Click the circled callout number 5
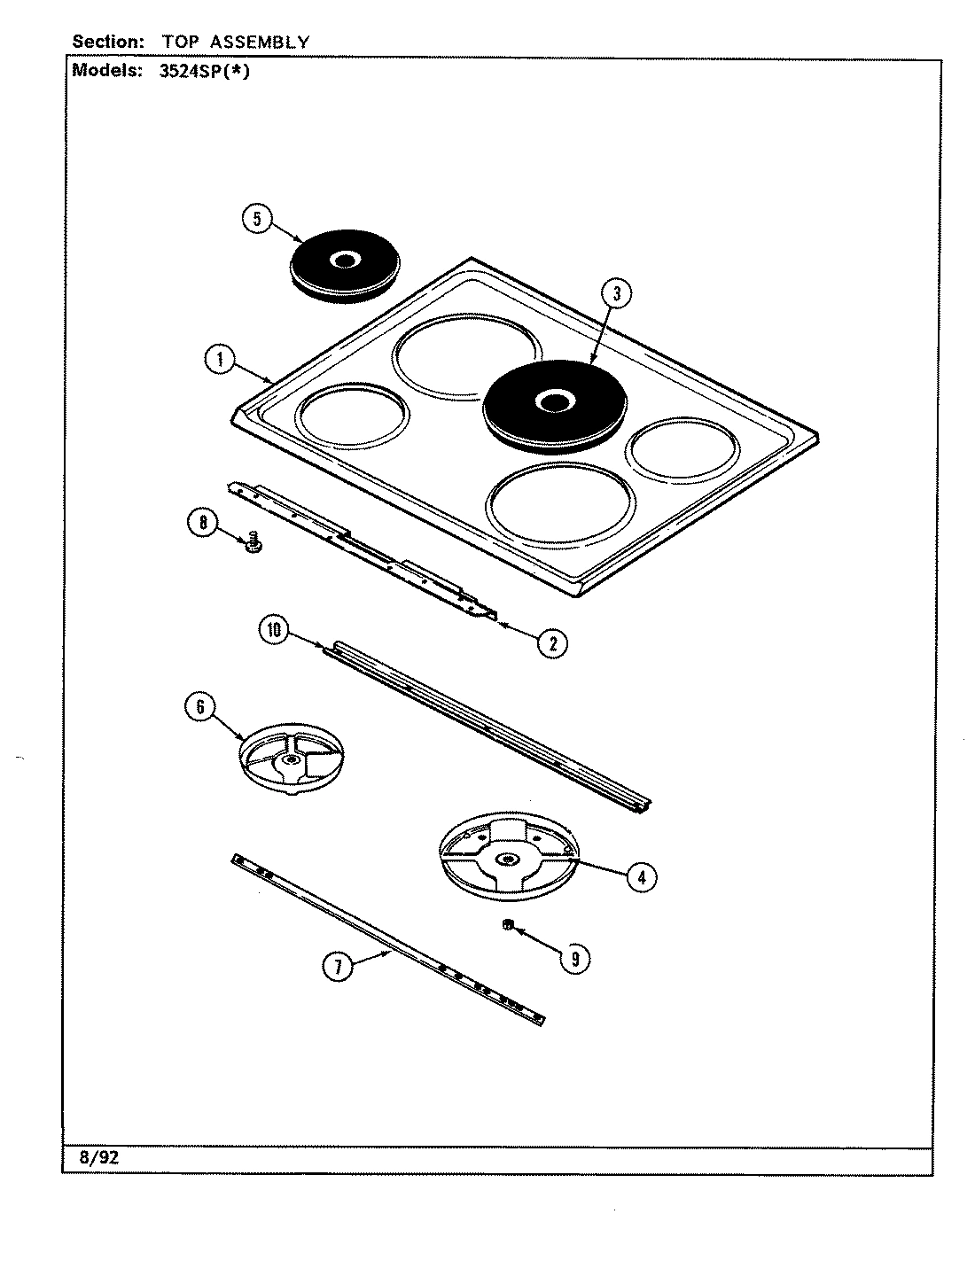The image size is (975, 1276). coord(256,220)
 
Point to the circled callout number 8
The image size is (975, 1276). coord(202,524)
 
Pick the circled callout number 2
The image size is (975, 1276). coord(552,642)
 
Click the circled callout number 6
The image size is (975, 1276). coord(199,706)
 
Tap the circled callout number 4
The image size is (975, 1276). coord(641,877)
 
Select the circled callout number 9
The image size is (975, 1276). coord(575,957)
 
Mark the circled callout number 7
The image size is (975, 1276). coord(336,968)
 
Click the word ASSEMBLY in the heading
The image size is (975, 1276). coord(260,41)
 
